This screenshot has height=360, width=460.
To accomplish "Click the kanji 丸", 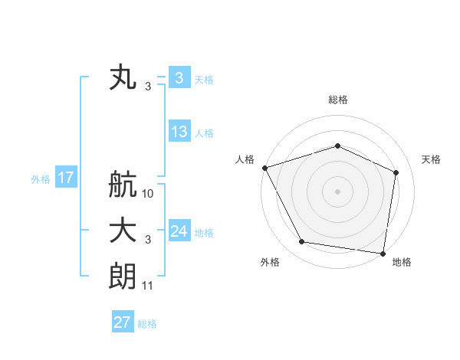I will [123, 78].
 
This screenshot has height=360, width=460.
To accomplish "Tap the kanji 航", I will [123, 185].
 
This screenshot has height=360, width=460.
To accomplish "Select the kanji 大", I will [123, 231].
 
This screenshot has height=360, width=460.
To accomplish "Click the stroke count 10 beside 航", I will [149, 194].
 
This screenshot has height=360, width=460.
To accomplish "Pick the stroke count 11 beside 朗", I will [149, 286].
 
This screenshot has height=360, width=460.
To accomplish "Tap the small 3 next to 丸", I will [148, 87].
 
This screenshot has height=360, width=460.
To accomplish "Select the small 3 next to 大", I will [148, 240].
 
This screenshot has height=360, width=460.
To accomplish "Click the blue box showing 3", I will [179, 78].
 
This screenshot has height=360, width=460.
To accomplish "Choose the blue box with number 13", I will [179, 132].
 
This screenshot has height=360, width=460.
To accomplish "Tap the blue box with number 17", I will [66, 178].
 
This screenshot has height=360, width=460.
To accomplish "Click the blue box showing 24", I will [179, 231].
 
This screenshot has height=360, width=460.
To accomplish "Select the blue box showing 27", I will [123, 322].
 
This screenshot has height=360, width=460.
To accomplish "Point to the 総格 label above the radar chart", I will [337, 100].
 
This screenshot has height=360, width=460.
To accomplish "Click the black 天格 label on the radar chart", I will [431, 159].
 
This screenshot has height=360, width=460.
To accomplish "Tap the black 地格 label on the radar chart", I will [402, 262].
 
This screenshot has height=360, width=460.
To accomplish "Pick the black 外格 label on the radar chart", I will [270, 262].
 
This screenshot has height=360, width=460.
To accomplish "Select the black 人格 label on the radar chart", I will [245, 159].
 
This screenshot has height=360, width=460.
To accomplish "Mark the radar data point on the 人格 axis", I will [264, 168].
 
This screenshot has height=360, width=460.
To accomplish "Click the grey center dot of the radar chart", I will [337, 191].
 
